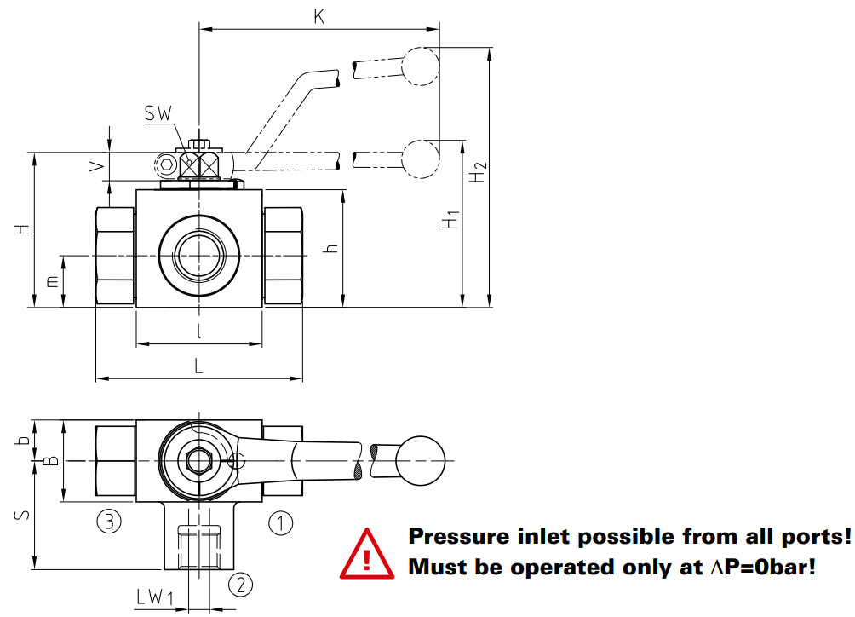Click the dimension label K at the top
pyautogui.click(x=319, y=17)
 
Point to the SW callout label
pyautogui.click(x=158, y=113)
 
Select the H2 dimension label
pyautogui.click(x=479, y=172)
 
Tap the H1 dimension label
pyautogui.click(x=451, y=219)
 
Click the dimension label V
pyautogui.click(x=97, y=166)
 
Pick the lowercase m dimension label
pyautogui.click(x=52, y=281)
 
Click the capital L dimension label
pyautogui.click(x=198, y=366)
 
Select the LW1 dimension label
pyautogui.click(x=154, y=597)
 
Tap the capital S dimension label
pyautogui.click(x=22, y=515)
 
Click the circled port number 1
pyautogui.click(x=281, y=523)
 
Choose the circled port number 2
pyautogui.click(x=240, y=585)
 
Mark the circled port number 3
pyautogui.click(x=109, y=522)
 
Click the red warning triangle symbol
pyautogui.click(x=367, y=554)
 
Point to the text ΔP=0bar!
pyautogui.click(x=763, y=568)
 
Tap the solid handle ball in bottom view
pyautogui.click(x=421, y=461)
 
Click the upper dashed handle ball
pyautogui.click(x=421, y=66)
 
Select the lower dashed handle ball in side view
pyautogui.click(x=421, y=159)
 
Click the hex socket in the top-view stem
pyautogui.click(x=198, y=461)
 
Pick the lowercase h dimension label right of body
pyautogui.click(x=331, y=249)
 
